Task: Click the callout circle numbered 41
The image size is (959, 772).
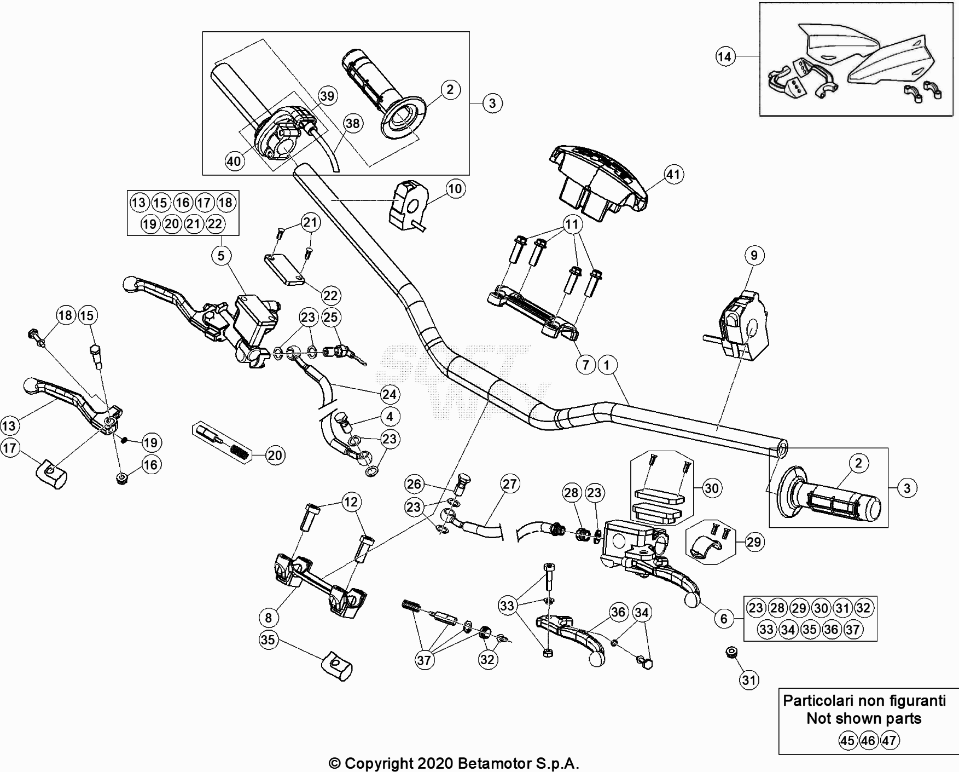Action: (x=673, y=174)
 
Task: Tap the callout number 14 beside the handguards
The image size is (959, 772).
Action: (x=725, y=56)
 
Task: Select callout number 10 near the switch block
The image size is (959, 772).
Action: (x=455, y=189)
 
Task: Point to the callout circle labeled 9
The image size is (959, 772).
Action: (x=754, y=255)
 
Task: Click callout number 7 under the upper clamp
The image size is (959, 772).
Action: (x=586, y=364)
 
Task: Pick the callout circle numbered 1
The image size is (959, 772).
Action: (x=607, y=364)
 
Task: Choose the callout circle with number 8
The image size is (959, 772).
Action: (x=268, y=618)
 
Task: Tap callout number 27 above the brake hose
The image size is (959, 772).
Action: (x=509, y=484)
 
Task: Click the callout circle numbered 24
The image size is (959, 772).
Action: (x=390, y=394)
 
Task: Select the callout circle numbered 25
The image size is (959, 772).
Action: (x=331, y=317)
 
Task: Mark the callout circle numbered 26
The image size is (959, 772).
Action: (x=415, y=484)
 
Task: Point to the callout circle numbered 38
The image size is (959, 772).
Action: (x=353, y=124)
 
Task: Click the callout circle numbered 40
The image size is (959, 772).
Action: (x=234, y=161)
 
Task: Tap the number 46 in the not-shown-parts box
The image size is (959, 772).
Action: (x=868, y=741)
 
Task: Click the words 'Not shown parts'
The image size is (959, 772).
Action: (x=864, y=718)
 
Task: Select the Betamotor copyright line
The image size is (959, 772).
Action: (x=454, y=763)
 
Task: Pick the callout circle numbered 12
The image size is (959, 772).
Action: (x=351, y=502)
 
